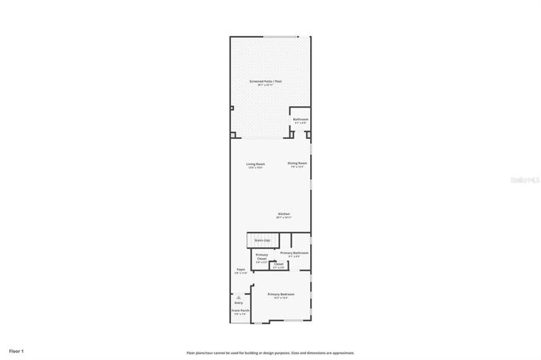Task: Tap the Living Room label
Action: click(256, 164)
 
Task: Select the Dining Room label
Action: click(298, 163)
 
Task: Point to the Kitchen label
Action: click(284, 214)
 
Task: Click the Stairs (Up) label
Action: click(262, 240)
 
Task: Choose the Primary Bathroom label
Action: click(294, 253)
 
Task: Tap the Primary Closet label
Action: click(262, 258)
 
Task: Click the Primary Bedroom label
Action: click(281, 295)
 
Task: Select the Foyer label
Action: click(240, 270)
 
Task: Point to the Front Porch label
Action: click(240, 311)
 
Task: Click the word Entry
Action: click(239, 302)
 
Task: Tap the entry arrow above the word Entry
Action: click(239, 296)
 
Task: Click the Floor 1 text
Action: click(17, 351)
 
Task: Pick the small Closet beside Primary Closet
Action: click(279, 265)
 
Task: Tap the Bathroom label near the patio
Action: click(301, 120)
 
